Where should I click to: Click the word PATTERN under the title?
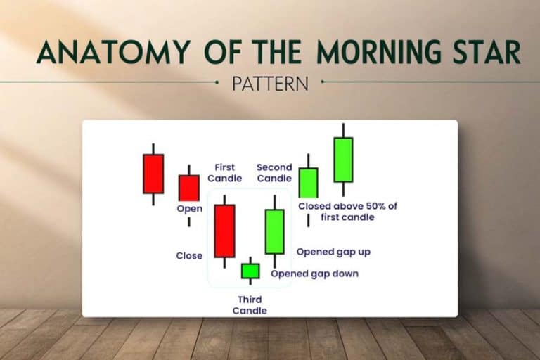(x=270, y=84)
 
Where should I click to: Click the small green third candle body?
(x=250, y=271)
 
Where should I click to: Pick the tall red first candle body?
(x=224, y=231)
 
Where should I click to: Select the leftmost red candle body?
(x=153, y=174)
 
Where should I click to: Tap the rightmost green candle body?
(x=343, y=160)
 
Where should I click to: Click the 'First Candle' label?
(x=226, y=173)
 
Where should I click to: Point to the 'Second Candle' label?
(x=274, y=173)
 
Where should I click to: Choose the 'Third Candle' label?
(x=250, y=305)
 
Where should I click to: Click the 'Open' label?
(x=189, y=209)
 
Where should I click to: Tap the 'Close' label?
(x=189, y=256)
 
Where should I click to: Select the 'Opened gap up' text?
(x=333, y=251)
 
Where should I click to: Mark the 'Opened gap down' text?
(x=314, y=274)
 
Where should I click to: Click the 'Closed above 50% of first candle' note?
(x=347, y=212)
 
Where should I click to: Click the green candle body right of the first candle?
(x=274, y=231)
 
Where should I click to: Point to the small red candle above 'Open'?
(x=188, y=188)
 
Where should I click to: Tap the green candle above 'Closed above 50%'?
(x=308, y=183)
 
